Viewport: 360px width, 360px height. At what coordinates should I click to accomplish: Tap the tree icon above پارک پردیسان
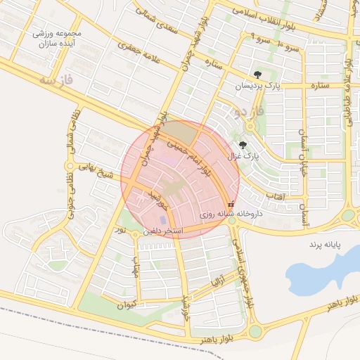(259, 74)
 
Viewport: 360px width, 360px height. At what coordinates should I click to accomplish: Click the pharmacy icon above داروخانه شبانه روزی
(231, 204)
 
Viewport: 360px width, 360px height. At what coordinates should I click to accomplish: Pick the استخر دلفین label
(163, 231)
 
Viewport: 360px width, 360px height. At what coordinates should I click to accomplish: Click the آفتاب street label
(274, 197)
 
